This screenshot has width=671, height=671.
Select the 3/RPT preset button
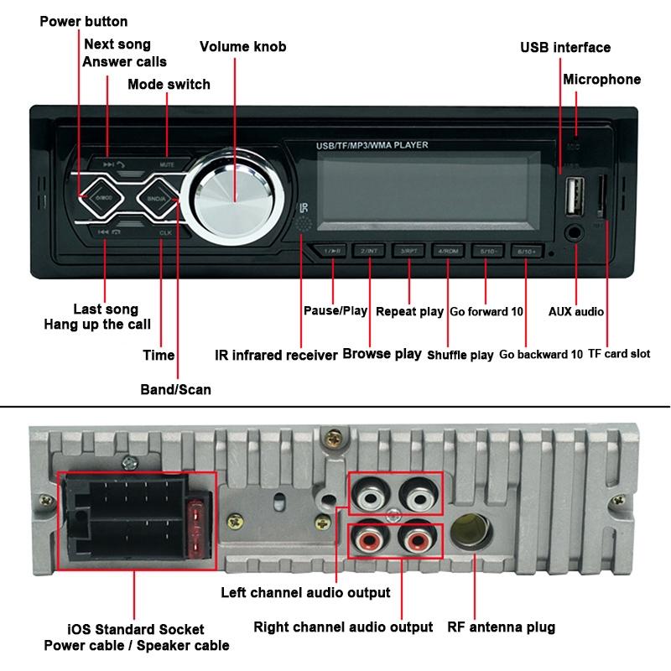[x=408, y=251]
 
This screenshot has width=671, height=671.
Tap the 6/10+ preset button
[x=528, y=251]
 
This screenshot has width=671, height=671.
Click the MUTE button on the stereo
[x=166, y=164]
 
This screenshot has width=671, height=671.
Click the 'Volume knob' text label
[x=242, y=47]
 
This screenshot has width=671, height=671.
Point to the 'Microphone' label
[x=601, y=80]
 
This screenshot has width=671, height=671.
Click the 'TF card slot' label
[x=619, y=354]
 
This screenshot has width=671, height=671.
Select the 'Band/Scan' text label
[x=175, y=389]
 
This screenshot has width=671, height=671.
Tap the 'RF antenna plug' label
[x=501, y=627]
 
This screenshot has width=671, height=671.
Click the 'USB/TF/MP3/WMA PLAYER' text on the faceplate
[x=372, y=146]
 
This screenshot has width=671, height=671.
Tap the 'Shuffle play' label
[x=460, y=355]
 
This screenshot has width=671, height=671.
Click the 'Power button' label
[x=84, y=21]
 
